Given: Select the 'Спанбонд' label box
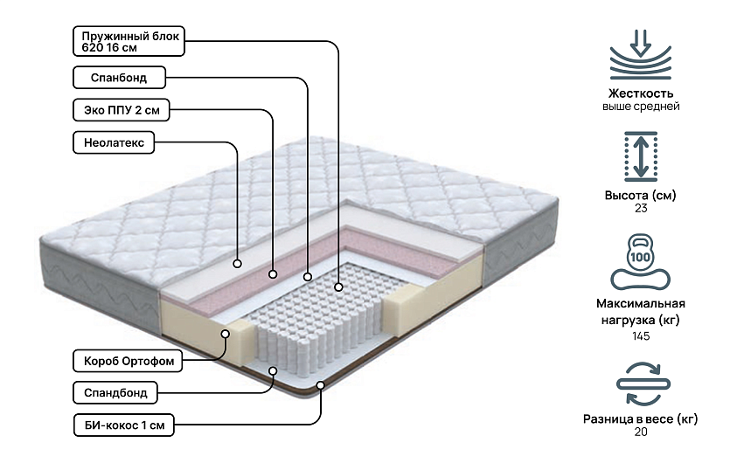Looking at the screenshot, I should pos(119,79).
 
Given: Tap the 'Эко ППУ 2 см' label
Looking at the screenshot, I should pos(121,111).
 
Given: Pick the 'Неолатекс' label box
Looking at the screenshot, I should pos(114,142).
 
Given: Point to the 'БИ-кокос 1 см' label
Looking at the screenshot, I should pos(123,425).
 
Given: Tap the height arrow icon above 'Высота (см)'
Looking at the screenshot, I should pos(640,156).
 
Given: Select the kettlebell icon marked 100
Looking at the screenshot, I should pos(640,259).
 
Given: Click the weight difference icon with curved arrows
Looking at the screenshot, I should pos(641,381).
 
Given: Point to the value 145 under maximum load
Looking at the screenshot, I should pos(641,336).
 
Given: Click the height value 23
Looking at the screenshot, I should pos(641,209).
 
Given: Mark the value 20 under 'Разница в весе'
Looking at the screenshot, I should pos(641,432).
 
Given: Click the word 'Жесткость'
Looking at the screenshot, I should pos(641,93).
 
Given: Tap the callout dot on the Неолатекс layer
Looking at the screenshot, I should pos(238,261).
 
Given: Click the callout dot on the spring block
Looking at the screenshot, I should pos(338,285).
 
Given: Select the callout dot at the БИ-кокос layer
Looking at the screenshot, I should pos(321,384).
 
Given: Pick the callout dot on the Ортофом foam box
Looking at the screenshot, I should pos(226,334).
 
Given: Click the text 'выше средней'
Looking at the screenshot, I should pos(641,107).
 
